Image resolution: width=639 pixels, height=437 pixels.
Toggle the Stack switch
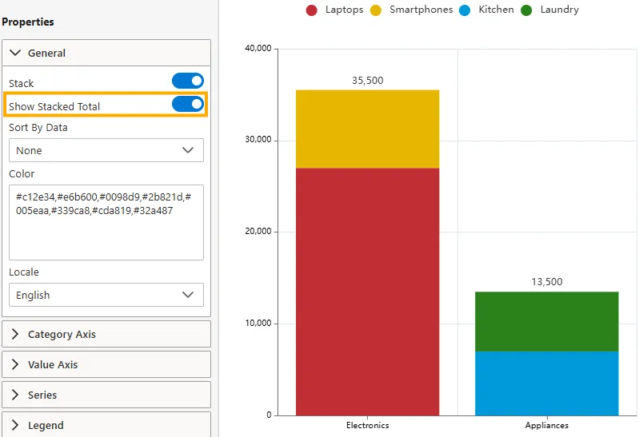(188, 81)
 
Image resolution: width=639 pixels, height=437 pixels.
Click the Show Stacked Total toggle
(188, 105)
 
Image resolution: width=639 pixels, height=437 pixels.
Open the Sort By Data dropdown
(106, 150)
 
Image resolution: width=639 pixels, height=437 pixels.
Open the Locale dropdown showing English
(106, 295)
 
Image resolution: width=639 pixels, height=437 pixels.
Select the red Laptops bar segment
(367, 292)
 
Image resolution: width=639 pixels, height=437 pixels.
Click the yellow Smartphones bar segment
(367, 129)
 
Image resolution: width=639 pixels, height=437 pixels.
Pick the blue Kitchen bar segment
(546, 383)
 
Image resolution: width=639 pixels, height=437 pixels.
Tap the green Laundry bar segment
(546, 321)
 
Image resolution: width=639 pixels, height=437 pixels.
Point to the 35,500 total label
(367, 81)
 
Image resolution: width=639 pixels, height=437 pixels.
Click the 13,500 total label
(547, 282)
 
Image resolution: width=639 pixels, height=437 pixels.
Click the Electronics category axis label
(367, 426)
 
